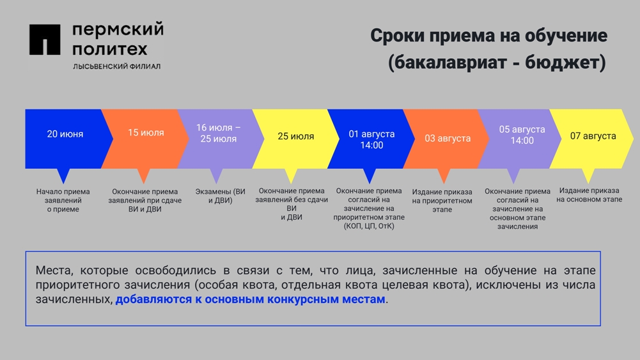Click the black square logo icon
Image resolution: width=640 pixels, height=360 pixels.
45,40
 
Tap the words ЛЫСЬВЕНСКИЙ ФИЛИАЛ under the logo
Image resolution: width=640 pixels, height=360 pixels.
117,66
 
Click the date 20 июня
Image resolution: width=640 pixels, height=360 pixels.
65,134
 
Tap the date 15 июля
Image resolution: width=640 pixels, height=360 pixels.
146,132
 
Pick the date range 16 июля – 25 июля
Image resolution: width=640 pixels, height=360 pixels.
219,134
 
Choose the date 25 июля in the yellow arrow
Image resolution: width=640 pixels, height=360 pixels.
296,136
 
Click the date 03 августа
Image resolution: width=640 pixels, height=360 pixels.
448,138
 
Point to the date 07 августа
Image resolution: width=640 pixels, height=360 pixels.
593,136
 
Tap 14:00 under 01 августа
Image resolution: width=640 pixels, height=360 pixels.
371,145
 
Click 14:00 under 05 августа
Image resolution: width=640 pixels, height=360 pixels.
522,141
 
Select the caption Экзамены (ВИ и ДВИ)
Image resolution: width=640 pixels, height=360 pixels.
221,196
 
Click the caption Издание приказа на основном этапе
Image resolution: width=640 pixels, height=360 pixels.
589,195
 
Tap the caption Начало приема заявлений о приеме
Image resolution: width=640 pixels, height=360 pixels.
63,200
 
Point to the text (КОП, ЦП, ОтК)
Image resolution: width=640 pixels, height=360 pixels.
369,226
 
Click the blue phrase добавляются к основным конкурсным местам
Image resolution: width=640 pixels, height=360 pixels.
250,299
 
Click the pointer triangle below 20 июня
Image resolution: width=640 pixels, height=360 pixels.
63,176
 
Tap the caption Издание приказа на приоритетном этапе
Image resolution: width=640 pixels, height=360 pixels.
442,201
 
